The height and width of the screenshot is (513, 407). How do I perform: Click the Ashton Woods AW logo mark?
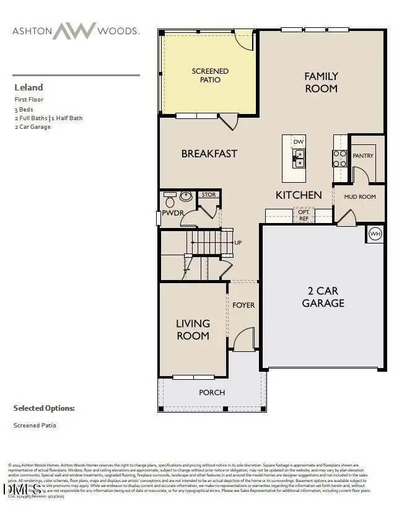click(x=74, y=30)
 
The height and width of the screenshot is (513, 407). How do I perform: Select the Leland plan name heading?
click(x=28, y=87)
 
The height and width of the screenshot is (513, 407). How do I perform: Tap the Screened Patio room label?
click(x=210, y=76)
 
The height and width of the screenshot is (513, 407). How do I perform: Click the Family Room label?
click(x=321, y=82)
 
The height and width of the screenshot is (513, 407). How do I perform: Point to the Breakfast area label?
click(x=209, y=154)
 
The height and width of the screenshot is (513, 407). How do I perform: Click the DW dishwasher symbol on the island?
click(x=299, y=142)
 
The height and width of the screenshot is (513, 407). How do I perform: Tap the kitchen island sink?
click(x=299, y=159)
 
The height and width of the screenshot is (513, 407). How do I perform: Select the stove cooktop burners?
click(x=339, y=159)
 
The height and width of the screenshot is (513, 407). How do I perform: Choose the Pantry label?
click(x=363, y=156)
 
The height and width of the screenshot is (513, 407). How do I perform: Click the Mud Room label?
click(x=360, y=197)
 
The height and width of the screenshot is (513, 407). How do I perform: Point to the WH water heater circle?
click(x=375, y=234)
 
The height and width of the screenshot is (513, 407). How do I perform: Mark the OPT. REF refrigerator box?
click(x=304, y=215)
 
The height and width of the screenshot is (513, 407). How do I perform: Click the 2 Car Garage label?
click(x=323, y=297)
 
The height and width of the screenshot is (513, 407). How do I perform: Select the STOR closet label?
click(x=209, y=195)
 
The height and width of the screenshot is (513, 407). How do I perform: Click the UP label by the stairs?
click(x=237, y=242)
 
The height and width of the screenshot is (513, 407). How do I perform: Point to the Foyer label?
click(x=243, y=305)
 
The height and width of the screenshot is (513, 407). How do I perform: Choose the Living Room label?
click(x=193, y=330)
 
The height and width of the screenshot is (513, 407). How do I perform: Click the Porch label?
click(x=212, y=392)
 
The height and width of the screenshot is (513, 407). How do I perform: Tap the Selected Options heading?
click(x=44, y=408)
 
